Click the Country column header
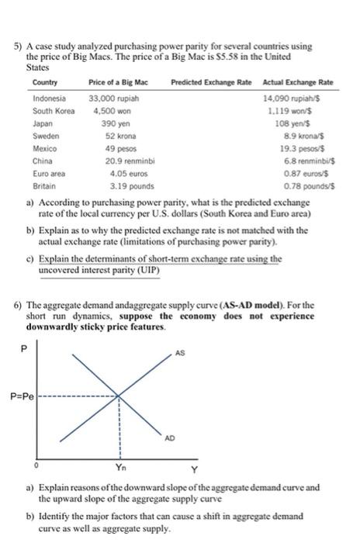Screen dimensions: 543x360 coord(45,83)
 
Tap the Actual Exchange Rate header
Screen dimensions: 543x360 coord(298,83)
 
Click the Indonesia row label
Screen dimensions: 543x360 coord(50,99)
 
